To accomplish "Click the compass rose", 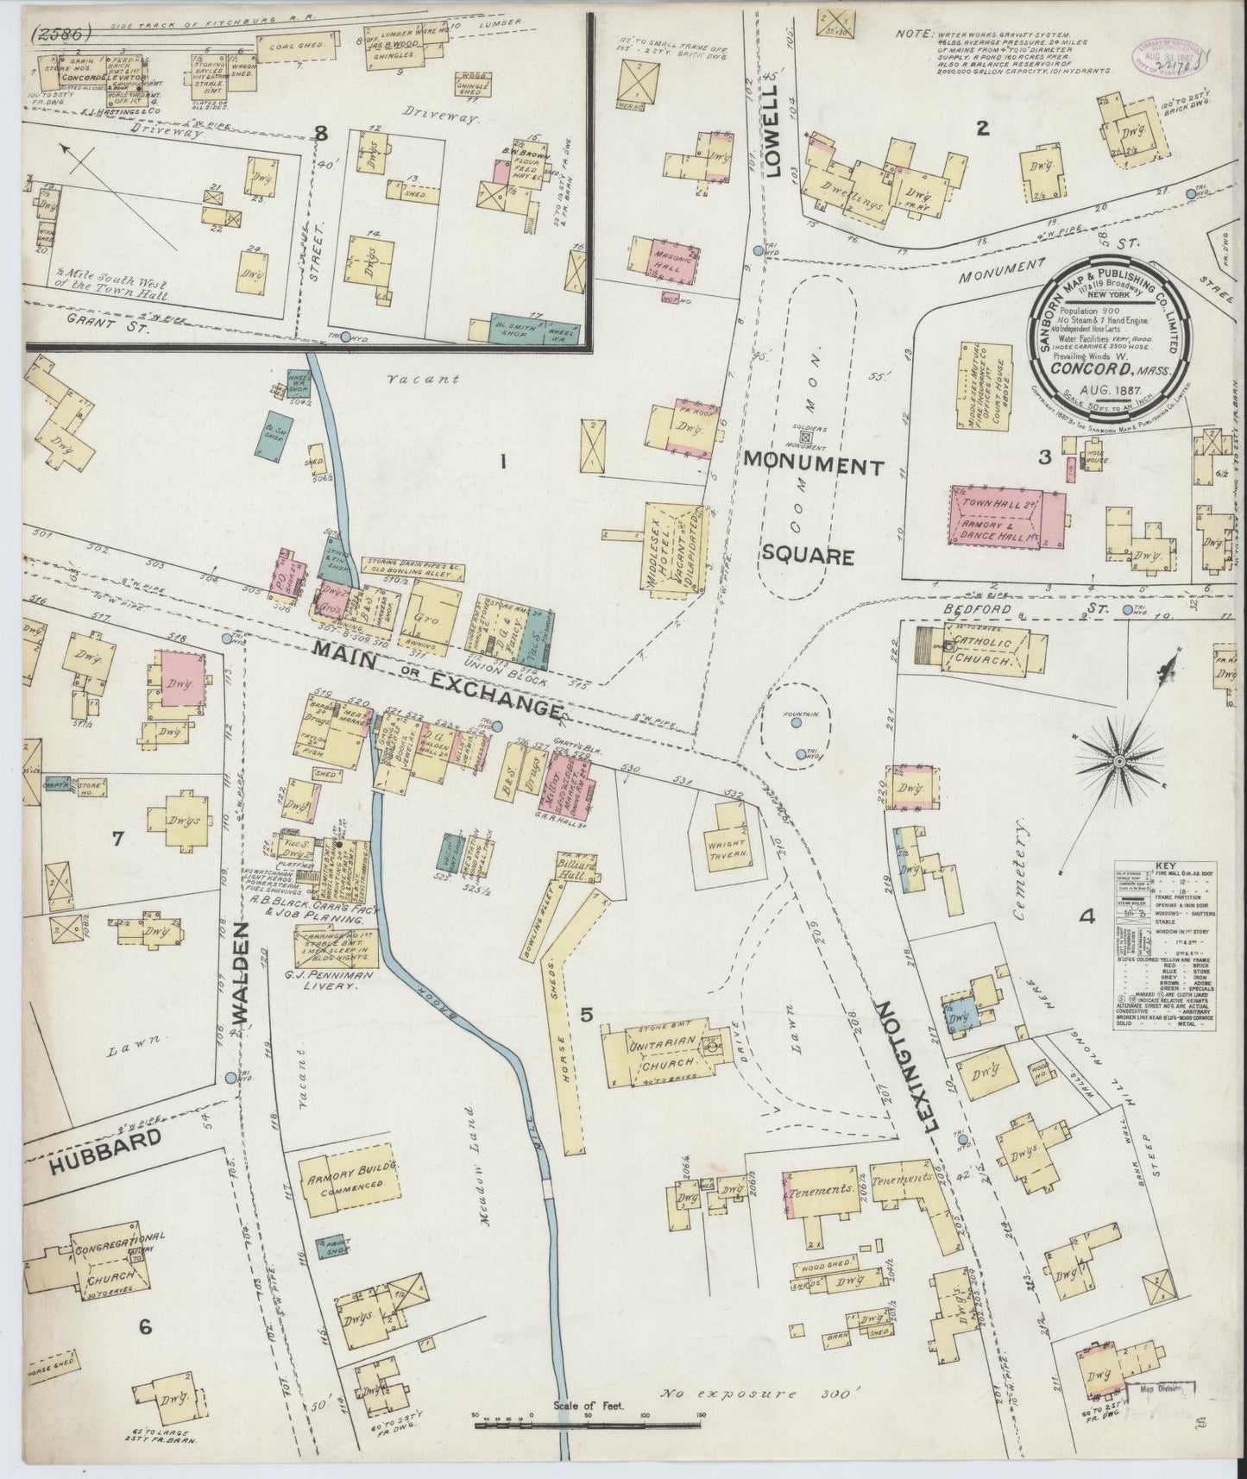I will (x=1119, y=761).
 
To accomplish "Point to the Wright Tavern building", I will (x=729, y=838).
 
